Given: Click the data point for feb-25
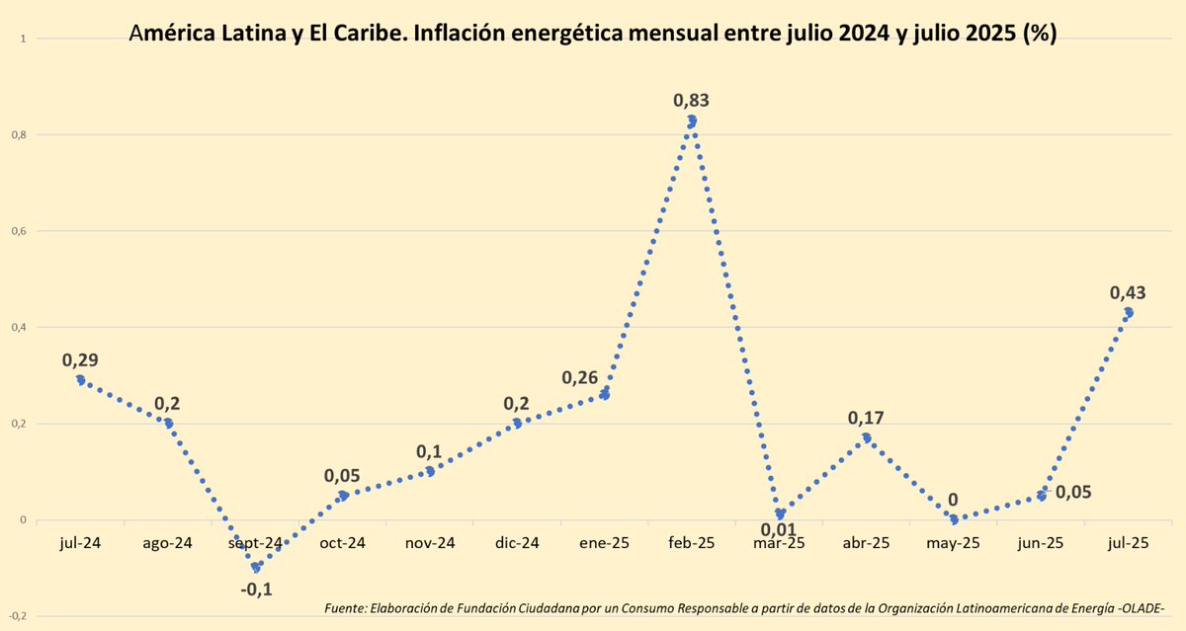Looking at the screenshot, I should pos(692,120).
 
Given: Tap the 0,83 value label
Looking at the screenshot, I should pos(692,100).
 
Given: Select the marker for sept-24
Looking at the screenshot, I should pos(256,568).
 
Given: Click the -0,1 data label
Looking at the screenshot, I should pos(256,589).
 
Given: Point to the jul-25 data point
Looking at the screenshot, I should pos(1128,313).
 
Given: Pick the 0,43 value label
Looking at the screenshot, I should pos(1128,292).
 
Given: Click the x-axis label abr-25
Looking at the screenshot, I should pos(866,542).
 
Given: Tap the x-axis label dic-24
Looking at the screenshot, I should pos(517,542).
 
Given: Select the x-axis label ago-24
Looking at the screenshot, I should pos(168,542).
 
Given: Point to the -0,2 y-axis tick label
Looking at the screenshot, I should pos(16,617).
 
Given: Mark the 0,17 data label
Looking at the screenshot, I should pos(866,418).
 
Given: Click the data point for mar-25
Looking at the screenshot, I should pos(780,514).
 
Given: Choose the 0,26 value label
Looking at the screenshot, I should pos(579,377).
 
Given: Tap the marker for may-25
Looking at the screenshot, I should pos(953,519).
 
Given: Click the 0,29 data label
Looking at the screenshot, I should pos(80,360).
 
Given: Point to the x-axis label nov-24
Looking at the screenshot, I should pos(430,542).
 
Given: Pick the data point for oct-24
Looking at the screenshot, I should pos(343,496).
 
